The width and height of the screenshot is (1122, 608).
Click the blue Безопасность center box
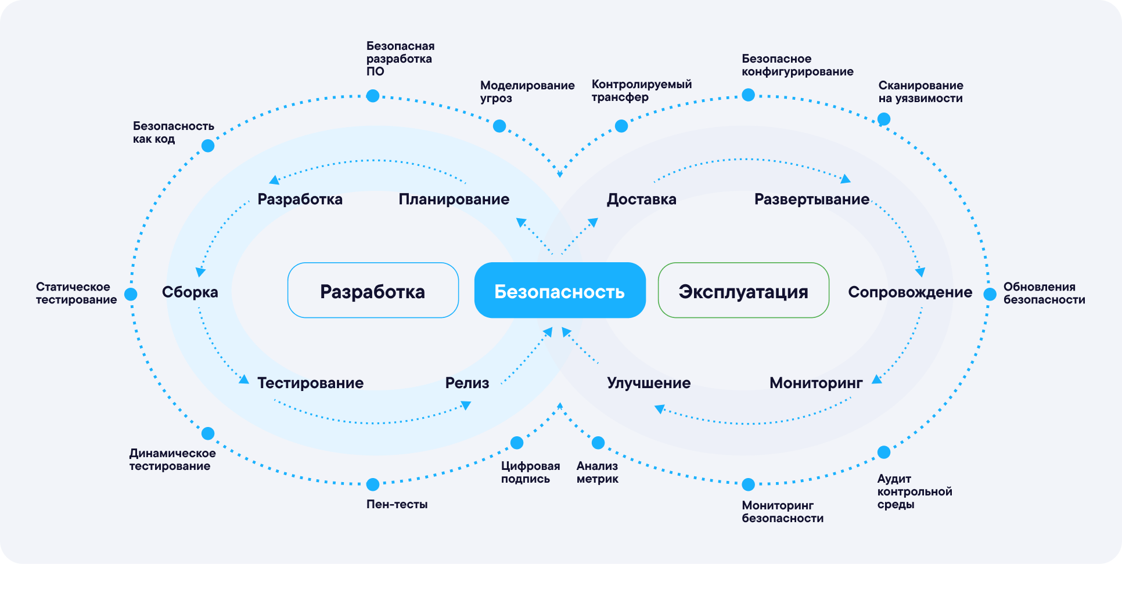[560, 291]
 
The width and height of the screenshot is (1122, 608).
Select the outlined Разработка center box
[373, 291]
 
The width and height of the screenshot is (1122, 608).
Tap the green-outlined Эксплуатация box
[743, 291]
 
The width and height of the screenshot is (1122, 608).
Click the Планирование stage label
[454, 200]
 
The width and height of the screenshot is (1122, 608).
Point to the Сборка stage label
[190, 292]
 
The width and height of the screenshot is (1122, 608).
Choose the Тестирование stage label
[310, 383]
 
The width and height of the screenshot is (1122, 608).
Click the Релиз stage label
[467, 383]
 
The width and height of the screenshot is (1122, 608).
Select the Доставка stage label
[641, 200]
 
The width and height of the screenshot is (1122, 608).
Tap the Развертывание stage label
[811, 200]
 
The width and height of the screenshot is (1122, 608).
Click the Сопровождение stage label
[909, 292]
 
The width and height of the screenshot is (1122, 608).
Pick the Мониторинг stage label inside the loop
[816, 383]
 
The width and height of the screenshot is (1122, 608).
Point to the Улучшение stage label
[649, 383]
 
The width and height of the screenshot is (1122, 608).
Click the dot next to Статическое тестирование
[131, 294]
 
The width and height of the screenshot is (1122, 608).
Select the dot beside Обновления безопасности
[990, 294]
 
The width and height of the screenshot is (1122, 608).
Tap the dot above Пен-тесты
[373, 484]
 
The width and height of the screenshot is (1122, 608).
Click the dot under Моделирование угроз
[499, 126]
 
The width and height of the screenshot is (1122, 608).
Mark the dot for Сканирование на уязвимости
[883, 120]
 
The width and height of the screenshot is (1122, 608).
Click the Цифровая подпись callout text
[530, 472]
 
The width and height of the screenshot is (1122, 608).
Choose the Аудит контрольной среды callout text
[914, 491]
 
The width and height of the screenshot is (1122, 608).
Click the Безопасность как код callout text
[173, 132]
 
